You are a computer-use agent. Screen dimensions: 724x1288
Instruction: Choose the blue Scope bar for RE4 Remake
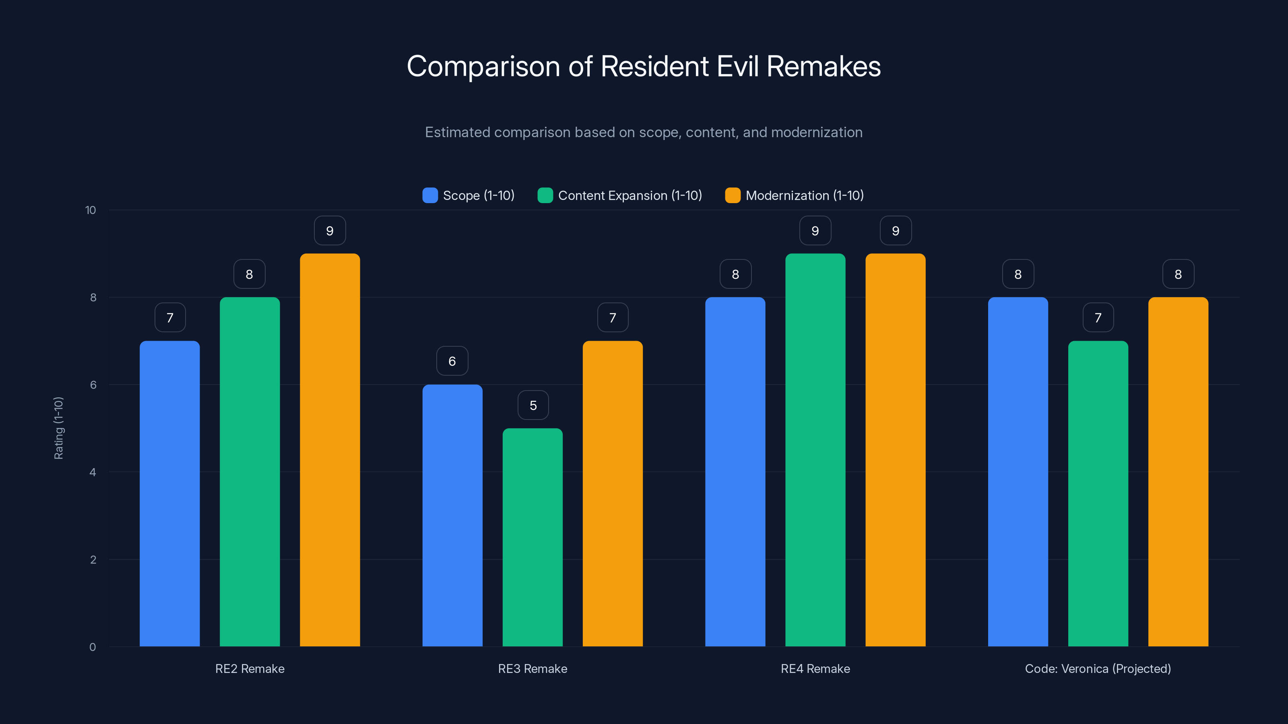pos(735,472)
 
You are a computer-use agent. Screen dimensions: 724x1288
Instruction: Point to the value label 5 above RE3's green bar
pos(533,405)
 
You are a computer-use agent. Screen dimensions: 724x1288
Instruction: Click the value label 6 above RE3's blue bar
pos(452,361)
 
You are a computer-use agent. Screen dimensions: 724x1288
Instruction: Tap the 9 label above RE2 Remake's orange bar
pos(330,231)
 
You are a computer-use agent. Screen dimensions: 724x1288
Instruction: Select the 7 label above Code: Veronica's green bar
pos(1098,318)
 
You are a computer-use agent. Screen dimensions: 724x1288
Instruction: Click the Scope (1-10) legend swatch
pos(430,195)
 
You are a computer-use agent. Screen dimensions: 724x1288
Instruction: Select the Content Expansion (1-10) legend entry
pos(630,195)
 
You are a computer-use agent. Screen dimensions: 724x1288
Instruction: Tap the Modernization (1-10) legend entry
pos(804,195)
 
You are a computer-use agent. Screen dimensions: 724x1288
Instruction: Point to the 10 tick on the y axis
pos(91,210)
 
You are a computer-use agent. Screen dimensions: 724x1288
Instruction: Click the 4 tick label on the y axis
pos(93,472)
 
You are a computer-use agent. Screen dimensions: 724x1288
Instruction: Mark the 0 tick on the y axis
pos(93,647)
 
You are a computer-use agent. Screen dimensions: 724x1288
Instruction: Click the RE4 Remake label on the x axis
pos(815,668)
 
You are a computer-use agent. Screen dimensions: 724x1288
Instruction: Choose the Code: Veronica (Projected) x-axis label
pos(1098,668)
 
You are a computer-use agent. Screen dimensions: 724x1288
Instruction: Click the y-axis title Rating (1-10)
pos(58,428)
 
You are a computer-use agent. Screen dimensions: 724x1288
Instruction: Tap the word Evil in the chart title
pos(738,66)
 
